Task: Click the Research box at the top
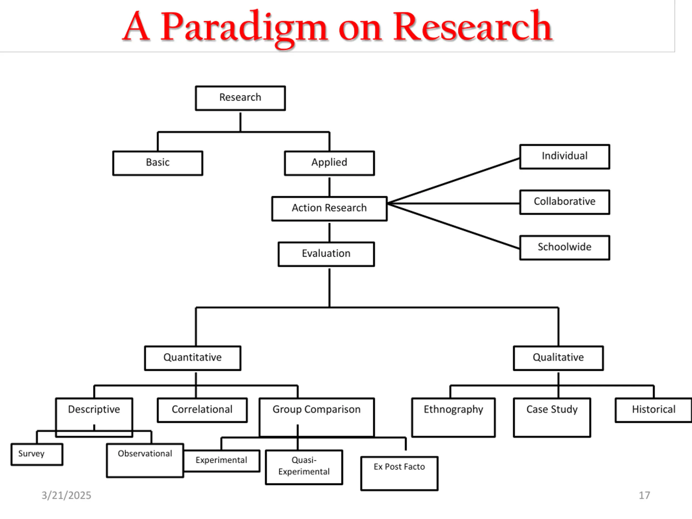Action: pyautogui.click(x=240, y=98)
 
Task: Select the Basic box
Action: pyautogui.click(x=158, y=163)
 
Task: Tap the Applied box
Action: pyautogui.click(x=330, y=163)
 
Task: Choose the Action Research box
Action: pyautogui.click(x=330, y=208)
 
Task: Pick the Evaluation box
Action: pyautogui.click(x=326, y=254)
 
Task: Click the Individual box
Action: pyautogui.click(x=565, y=157)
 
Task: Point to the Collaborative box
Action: pyautogui.click(x=565, y=202)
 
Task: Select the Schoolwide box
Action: pyautogui.click(x=565, y=247)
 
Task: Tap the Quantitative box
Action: pyautogui.click(x=193, y=358)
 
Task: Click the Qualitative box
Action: pyautogui.click(x=558, y=358)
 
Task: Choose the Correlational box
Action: pyautogui.click(x=202, y=410)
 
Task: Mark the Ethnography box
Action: pyautogui.click(x=453, y=417)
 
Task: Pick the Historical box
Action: pyautogui.click(x=654, y=410)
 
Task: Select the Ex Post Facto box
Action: pyautogui.click(x=399, y=473)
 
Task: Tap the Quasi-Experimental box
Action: pyautogui.click(x=304, y=467)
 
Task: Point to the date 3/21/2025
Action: pyautogui.click(x=66, y=495)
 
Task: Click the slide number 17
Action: pyautogui.click(x=644, y=495)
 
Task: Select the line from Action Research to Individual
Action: pyautogui.click(x=454, y=181)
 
